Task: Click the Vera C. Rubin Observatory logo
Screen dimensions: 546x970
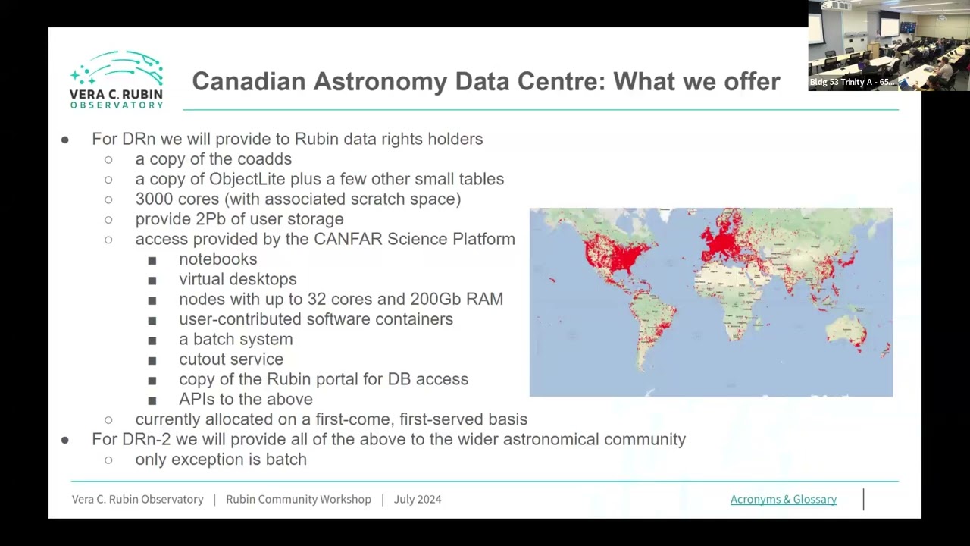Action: [x=117, y=80]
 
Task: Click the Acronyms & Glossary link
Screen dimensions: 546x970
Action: [x=783, y=499]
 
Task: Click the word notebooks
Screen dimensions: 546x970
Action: [x=217, y=259]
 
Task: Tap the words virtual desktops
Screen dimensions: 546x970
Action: [x=237, y=279]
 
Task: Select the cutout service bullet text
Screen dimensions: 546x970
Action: [x=231, y=359]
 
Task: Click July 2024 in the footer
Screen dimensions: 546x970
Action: [x=418, y=499]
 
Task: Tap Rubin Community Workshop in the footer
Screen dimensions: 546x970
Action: [x=299, y=499]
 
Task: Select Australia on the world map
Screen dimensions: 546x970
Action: [x=846, y=334]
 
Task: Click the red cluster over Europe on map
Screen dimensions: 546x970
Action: [x=724, y=241]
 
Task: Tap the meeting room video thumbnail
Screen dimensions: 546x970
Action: [x=888, y=45]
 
